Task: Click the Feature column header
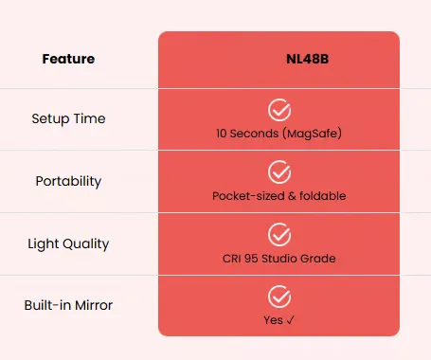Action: tap(68, 59)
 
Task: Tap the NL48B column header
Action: tap(308, 59)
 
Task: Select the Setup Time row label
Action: tap(68, 119)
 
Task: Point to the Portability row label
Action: tap(68, 181)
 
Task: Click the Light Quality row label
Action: tap(68, 243)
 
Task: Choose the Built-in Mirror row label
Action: tap(68, 305)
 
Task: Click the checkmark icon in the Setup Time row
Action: tap(279, 110)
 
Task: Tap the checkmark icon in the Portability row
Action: tap(279, 172)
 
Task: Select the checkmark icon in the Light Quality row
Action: tap(279, 235)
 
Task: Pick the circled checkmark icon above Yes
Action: tap(279, 297)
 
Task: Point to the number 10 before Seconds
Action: tap(222, 134)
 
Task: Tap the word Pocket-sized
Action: tap(248, 196)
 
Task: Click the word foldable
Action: tap(323, 196)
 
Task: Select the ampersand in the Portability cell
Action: tap(292, 196)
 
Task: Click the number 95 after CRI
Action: tap(251, 259)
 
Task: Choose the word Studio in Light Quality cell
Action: tap(279, 259)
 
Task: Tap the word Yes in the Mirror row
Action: tap(273, 320)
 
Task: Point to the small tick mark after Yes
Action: tap(290, 320)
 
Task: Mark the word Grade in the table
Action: tap(318, 259)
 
